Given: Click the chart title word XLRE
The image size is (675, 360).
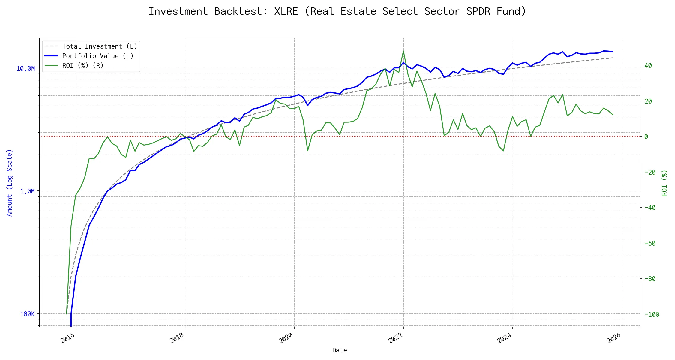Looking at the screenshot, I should pyautogui.click(x=286, y=11).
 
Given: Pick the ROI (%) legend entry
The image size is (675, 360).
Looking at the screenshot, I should pyautogui.click(x=83, y=66).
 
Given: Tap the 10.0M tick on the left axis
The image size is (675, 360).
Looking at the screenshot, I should pyautogui.click(x=25, y=69).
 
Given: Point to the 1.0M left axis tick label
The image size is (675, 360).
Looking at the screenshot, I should pyautogui.click(x=27, y=191).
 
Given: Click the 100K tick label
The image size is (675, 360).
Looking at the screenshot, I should pyautogui.click(x=27, y=314).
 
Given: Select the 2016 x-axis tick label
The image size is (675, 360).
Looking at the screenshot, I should pyautogui.click(x=67, y=338).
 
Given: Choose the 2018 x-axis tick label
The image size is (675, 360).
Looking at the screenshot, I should pyautogui.click(x=177, y=338).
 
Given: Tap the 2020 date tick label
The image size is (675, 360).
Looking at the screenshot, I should pyautogui.click(x=286, y=338).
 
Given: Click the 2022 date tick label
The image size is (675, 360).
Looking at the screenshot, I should pyautogui.click(x=395, y=338).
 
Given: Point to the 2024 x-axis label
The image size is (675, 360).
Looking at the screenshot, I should pyautogui.click(x=504, y=338).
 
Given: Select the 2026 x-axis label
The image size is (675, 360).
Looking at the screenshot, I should pyautogui.click(x=613, y=338).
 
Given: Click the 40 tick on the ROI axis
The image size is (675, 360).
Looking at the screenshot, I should pyautogui.click(x=648, y=66).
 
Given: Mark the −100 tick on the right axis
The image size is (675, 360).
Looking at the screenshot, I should pyautogui.click(x=652, y=315).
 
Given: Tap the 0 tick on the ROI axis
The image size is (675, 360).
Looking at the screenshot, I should pyautogui.click(x=646, y=137).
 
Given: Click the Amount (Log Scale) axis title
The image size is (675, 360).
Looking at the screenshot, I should pyautogui.click(x=10, y=183).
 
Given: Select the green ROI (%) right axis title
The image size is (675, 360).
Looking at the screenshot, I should pyautogui.click(x=664, y=183).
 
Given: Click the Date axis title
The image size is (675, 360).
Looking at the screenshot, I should pyautogui.click(x=340, y=350).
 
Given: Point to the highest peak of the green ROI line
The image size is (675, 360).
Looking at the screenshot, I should pyautogui.click(x=403, y=51).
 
